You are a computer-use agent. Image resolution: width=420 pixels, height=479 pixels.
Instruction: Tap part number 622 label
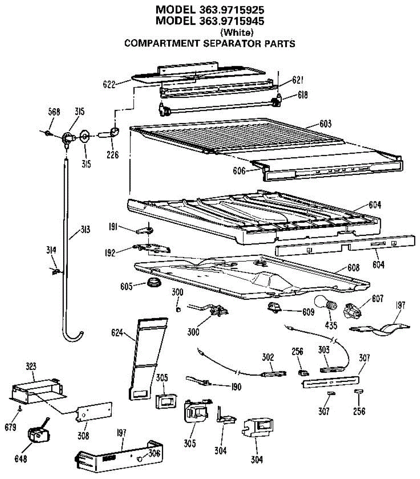(x=109, y=84)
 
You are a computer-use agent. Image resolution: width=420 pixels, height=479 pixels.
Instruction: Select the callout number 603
(x=325, y=124)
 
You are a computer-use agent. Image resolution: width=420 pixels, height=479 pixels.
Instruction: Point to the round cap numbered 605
(x=152, y=284)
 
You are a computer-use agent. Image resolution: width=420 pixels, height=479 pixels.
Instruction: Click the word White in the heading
(x=237, y=32)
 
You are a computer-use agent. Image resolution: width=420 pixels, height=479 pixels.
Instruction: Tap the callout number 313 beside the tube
(x=84, y=230)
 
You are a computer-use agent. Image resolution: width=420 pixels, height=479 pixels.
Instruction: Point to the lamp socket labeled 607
(x=354, y=310)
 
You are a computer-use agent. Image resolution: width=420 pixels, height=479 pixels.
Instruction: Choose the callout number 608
(x=353, y=267)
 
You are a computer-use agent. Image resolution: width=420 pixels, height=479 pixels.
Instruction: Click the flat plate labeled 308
(x=93, y=412)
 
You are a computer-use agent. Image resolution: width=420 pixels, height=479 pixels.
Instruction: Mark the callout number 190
(x=236, y=387)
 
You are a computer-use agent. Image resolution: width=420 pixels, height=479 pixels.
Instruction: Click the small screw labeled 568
(x=48, y=132)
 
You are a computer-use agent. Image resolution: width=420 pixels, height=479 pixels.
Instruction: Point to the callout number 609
(x=308, y=312)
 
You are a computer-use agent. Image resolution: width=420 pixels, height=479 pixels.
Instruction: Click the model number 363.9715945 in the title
(x=230, y=20)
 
